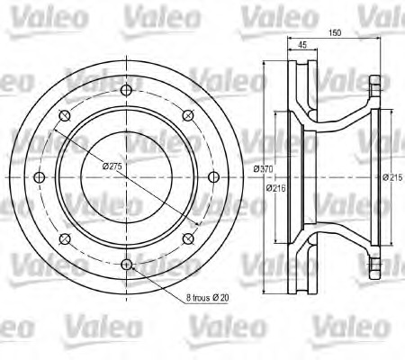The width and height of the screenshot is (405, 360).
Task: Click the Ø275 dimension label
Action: [112, 166]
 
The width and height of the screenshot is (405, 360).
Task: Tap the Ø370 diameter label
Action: [263, 169]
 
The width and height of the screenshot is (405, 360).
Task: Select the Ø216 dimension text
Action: [276, 188]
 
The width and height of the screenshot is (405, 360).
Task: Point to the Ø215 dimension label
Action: [392, 177]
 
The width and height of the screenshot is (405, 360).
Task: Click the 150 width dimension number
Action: [335, 32]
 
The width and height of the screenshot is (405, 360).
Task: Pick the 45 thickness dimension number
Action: [302, 45]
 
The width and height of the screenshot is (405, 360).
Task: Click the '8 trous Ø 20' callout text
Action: [207, 298]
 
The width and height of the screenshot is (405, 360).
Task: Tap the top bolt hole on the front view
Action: [127, 90]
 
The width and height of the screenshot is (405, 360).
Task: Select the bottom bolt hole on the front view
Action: [127, 265]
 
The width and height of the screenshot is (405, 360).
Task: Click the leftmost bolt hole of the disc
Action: [40, 177]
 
